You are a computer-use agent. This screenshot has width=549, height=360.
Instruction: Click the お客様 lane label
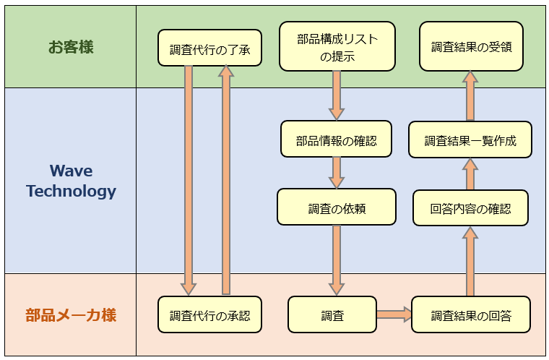[71, 48]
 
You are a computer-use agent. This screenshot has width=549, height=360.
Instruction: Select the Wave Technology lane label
[71, 181]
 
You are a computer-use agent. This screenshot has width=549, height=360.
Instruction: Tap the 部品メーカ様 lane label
[71, 315]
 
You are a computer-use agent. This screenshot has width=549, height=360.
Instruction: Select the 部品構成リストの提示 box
[337, 48]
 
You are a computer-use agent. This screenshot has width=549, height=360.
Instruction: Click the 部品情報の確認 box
[336, 139]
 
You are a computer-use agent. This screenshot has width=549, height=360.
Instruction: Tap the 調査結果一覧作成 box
[470, 140]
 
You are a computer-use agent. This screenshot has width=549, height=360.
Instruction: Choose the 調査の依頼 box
[337, 207]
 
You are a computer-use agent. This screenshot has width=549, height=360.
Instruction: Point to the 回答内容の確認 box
[470, 208]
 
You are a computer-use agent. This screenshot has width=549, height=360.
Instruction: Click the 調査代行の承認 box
[209, 315]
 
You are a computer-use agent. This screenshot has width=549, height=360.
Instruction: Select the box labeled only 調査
[332, 315]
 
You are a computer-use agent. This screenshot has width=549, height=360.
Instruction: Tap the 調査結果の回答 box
[471, 315]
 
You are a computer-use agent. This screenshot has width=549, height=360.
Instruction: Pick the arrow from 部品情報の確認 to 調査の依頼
[337, 173]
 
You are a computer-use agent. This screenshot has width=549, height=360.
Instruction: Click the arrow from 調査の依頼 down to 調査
[337, 260]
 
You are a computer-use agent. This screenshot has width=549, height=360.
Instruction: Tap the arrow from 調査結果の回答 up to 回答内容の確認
[470, 262]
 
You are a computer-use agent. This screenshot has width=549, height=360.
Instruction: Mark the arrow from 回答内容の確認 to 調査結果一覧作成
[470, 174]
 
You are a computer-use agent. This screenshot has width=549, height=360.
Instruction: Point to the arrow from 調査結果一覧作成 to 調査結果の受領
[470, 95]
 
